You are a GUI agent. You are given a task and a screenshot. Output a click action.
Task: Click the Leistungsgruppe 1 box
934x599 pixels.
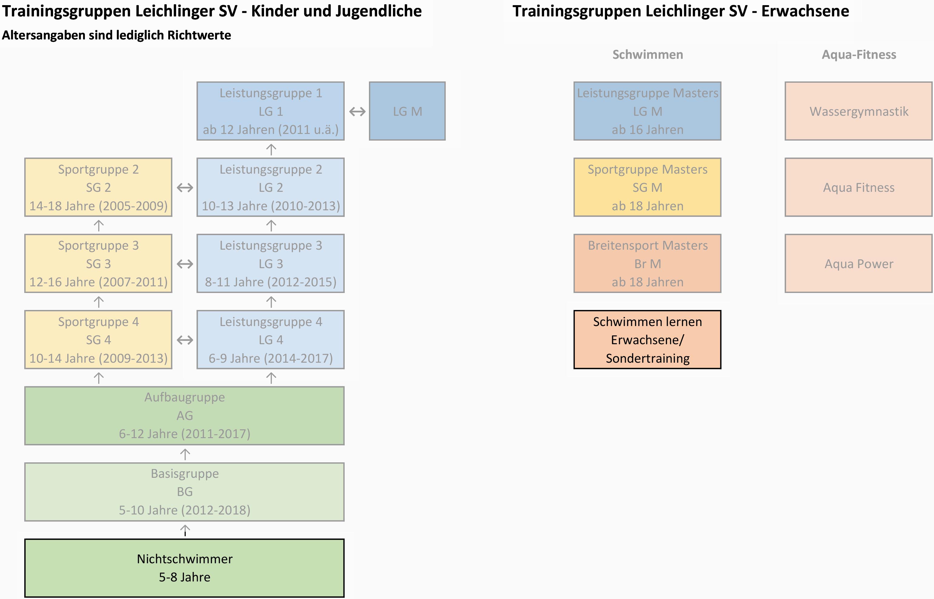click(270, 111)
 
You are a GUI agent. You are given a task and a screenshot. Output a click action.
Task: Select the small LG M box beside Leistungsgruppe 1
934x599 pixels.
click(407, 111)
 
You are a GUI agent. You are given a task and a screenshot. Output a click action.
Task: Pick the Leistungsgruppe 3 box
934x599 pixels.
click(270, 263)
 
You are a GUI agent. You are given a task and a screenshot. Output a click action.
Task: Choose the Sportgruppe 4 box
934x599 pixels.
click(99, 340)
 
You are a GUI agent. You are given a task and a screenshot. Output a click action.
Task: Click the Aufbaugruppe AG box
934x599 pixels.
click(184, 415)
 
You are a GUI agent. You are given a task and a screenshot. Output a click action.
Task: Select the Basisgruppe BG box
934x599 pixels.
click(184, 492)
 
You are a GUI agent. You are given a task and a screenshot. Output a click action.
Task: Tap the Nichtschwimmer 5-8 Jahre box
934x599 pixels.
click(184, 568)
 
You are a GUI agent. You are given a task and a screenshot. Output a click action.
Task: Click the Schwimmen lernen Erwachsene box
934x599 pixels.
click(648, 340)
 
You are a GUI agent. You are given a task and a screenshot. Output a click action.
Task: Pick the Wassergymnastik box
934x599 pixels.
click(859, 111)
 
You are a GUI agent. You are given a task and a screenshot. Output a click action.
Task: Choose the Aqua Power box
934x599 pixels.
click(859, 263)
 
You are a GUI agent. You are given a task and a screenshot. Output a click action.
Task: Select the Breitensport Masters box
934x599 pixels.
click(648, 263)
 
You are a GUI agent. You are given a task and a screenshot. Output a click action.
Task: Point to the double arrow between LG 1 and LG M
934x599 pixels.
click(357, 111)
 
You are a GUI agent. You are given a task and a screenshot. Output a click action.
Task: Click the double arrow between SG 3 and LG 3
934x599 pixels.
click(185, 264)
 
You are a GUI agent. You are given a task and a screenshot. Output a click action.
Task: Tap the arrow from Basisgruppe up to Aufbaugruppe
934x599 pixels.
click(185, 454)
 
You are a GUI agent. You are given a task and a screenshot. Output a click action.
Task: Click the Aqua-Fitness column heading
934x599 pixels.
click(859, 55)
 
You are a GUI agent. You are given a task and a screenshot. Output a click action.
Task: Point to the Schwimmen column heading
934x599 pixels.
click(648, 55)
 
